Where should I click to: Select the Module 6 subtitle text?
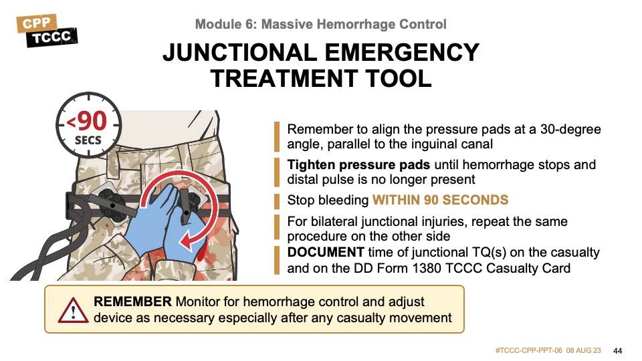321,25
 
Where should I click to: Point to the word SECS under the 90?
88,141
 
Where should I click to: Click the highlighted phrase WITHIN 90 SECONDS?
440,200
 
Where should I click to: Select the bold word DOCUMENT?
326,252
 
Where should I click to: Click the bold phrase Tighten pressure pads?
359,164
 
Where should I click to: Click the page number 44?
617,351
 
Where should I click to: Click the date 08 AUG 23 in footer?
584,351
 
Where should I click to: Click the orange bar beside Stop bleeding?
276,200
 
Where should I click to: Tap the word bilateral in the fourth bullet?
330,221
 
